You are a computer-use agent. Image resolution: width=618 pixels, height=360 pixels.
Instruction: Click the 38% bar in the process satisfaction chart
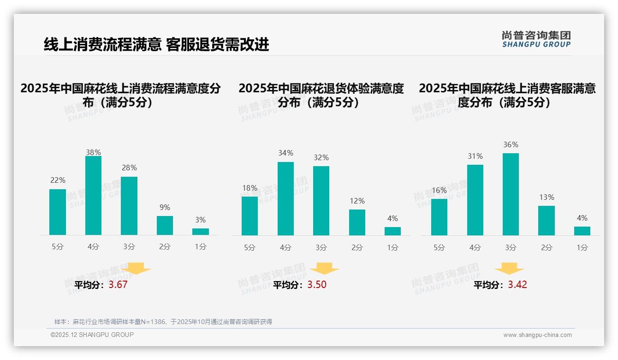tap(93, 195)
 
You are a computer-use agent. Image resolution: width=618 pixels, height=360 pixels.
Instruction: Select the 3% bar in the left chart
tap(201, 231)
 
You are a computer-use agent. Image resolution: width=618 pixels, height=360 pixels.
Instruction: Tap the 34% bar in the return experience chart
tap(285, 198)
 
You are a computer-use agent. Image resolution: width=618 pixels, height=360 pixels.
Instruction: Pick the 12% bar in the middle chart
tap(357, 222)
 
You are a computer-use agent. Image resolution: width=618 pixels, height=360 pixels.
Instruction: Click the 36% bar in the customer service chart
tap(511, 194)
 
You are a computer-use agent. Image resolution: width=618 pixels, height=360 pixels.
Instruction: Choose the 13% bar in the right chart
tap(547, 221)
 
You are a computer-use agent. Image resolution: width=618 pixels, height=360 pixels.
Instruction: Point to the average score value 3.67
tap(118, 285)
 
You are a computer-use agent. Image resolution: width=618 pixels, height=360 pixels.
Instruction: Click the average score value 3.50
tap(317, 285)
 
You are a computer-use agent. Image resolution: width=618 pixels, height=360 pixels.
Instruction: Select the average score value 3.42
tap(517, 285)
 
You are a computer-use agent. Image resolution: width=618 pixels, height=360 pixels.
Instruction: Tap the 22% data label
tap(58, 180)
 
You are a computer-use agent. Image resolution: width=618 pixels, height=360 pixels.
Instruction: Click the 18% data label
tap(250, 188)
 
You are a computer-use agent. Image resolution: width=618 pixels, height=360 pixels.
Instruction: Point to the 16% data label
tap(439, 190)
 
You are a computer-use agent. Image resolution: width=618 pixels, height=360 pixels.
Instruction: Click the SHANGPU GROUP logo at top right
tap(536, 39)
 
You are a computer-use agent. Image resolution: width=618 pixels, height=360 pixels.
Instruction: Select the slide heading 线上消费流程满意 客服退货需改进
tap(156, 44)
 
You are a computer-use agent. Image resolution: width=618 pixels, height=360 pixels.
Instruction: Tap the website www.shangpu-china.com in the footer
tap(537, 335)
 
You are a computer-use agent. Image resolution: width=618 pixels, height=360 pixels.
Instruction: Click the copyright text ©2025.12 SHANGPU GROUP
tap(92, 335)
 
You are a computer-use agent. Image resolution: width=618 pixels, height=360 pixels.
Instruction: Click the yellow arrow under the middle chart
tap(324, 269)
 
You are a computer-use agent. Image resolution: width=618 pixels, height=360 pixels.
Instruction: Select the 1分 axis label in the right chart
tap(582, 247)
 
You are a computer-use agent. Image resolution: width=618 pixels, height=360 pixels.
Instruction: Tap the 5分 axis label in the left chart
tap(58, 246)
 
